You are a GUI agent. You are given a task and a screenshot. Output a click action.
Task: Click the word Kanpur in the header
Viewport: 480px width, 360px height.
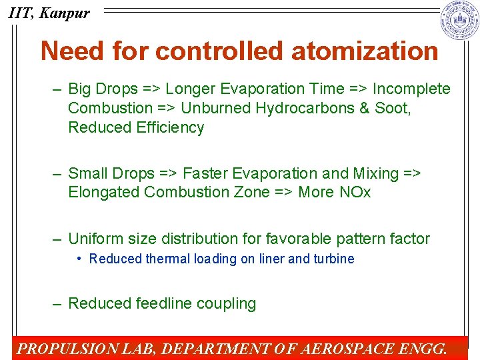[65, 13]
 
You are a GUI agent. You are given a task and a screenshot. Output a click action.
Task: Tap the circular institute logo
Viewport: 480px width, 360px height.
[459, 21]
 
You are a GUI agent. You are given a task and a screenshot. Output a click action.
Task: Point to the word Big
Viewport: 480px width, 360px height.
[81, 89]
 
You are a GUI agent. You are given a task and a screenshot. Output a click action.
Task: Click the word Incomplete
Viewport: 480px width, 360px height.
[411, 89]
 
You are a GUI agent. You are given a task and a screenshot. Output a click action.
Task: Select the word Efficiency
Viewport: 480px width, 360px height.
[170, 128]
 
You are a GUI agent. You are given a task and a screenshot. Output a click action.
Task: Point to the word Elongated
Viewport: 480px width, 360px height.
[104, 193]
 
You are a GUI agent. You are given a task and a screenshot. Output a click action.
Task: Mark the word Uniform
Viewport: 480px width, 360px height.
[95, 239]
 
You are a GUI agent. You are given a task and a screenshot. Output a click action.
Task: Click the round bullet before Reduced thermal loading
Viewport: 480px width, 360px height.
[79, 259]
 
